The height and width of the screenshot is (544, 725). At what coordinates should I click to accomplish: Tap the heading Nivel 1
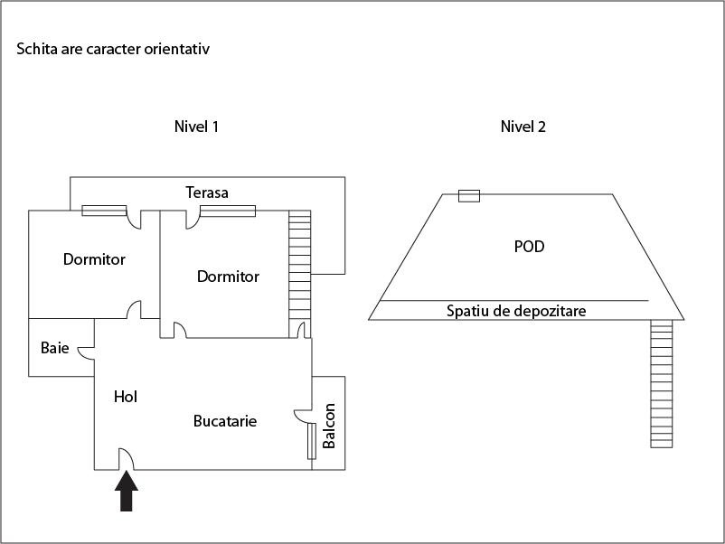[196, 127]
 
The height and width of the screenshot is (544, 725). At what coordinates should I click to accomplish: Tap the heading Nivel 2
[523, 127]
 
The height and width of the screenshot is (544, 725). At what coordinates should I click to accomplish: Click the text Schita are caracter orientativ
[113, 49]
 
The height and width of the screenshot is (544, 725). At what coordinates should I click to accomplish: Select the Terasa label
[207, 192]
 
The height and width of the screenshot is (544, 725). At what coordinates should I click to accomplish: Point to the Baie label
[55, 347]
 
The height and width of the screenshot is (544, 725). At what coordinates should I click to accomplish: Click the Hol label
[126, 396]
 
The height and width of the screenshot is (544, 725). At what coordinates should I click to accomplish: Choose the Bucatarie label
[225, 421]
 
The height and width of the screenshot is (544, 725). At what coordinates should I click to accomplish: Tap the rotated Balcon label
[329, 426]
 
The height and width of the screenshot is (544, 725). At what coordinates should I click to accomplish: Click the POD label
[529, 246]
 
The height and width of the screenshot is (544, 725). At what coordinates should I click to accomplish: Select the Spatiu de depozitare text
[516, 311]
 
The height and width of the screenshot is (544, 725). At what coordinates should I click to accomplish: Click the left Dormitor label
[94, 259]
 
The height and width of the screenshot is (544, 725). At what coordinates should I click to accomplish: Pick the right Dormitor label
[228, 277]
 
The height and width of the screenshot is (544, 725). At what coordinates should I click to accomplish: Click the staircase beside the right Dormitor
[299, 266]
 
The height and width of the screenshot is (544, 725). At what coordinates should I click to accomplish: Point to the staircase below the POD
[662, 383]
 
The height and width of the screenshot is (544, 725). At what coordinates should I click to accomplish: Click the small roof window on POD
[468, 195]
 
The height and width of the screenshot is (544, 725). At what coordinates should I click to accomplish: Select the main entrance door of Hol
[127, 460]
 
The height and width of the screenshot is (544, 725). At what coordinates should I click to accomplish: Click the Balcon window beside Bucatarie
[312, 440]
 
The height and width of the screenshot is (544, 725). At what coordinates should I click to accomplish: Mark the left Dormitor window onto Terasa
[104, 211]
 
